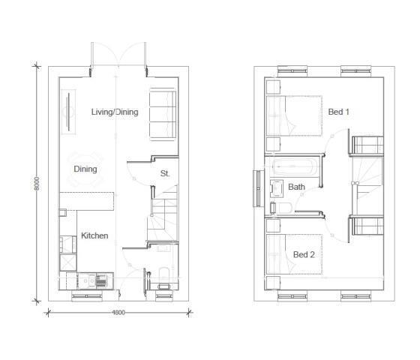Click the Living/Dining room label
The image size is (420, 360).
click(x=115, y=112)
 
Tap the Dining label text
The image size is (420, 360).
click(x=85, y=169)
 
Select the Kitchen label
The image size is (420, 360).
click(x=94, y=235)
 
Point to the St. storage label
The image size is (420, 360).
click(x=165, y=173)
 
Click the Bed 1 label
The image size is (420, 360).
click(x=339, y=112)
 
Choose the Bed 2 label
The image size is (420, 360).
click(x=304, y=255)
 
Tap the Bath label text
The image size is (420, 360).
click(x=297, y=187)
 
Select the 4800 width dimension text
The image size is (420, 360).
click(x=118, y=313)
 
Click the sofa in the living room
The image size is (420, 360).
click(x=163, y=115)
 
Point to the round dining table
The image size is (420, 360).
click(x=84, y=169)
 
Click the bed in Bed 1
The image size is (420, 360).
click(x=294, y=117)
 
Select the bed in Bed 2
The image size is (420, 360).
click(x=294, y=254)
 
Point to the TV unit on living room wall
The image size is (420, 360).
click(x=66, y=110)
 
